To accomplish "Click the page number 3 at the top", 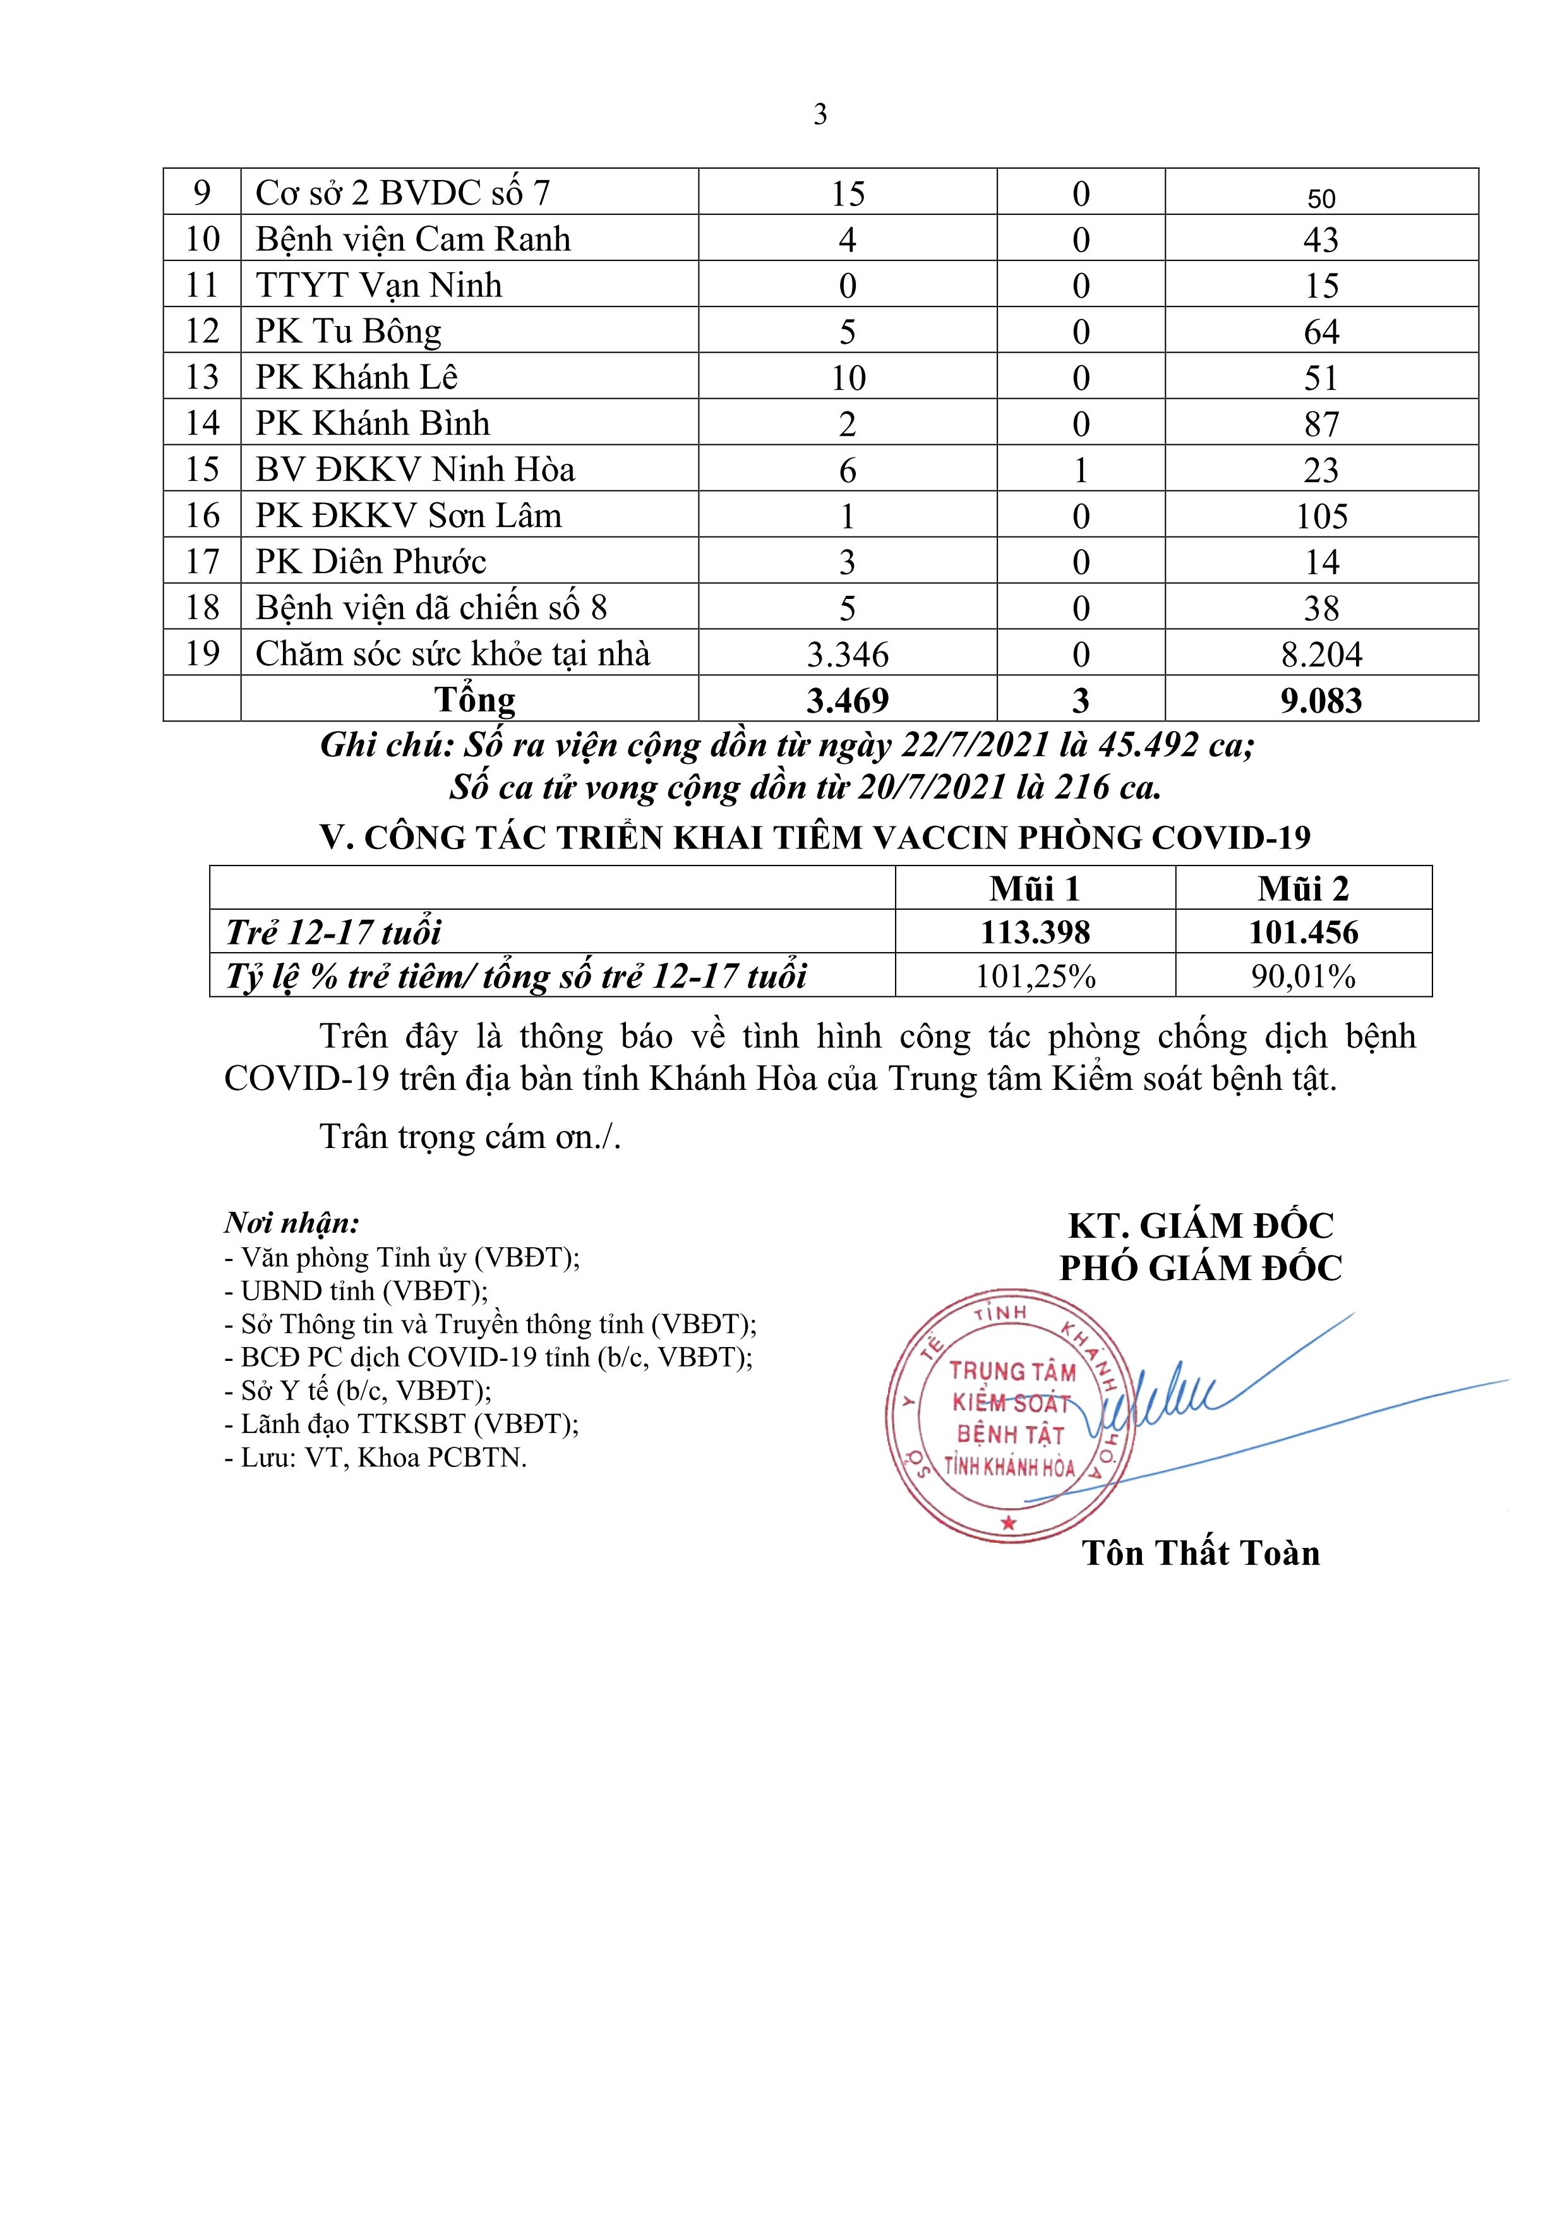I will point(820,115).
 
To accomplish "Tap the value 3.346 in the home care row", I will point(847,655).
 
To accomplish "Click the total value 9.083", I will point(1321,700).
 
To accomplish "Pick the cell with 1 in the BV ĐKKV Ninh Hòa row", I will point(1081,470).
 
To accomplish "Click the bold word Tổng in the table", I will point(474,699).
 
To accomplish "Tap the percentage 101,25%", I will point(1035,976).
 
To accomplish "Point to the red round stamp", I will point(1008,1417).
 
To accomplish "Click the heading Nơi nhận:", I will point(292,1223).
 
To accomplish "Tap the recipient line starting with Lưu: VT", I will point(376,1457).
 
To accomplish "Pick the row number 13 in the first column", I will point(201,378).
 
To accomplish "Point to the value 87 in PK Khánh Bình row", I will point(1321,424).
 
